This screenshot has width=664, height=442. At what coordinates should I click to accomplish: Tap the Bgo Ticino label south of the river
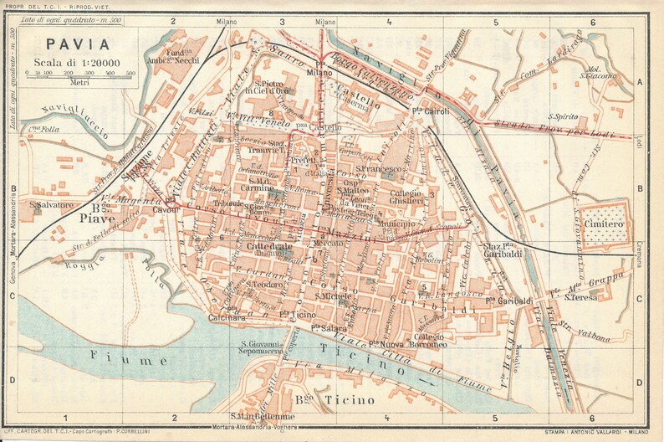point(335,400)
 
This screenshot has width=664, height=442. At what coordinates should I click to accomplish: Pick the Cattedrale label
point(268,248)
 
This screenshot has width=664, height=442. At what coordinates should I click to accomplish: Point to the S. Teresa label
point(580,297)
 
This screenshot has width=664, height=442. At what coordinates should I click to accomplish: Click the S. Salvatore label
point(52,204)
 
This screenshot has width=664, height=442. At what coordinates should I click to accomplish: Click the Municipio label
point(395,224)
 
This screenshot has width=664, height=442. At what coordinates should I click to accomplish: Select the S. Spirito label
point(564,116)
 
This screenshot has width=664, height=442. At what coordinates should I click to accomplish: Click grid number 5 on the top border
point(496,22)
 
